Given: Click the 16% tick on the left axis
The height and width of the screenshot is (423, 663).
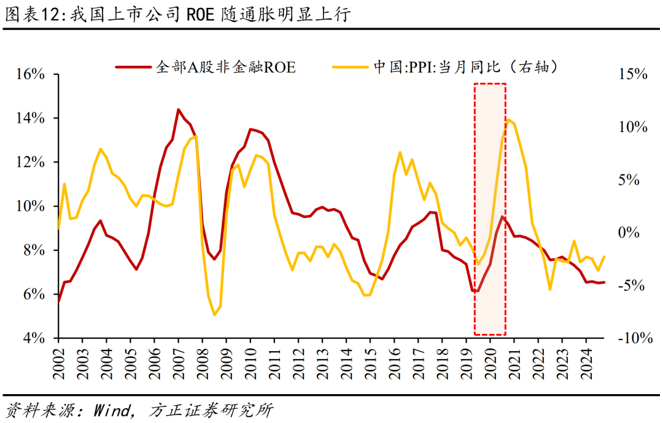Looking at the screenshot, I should (x=31, y=74).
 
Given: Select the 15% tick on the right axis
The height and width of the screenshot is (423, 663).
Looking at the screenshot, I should (x=632, y=74).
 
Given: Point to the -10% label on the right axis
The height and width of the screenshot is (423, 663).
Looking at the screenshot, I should (x=630, y=338).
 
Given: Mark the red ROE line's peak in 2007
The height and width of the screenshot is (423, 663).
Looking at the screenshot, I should (x=178, y=110).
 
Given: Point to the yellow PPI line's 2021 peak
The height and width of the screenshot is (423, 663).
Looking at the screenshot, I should (x=508, y=119).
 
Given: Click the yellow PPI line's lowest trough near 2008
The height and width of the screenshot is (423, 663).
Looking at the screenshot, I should (x=214, y=315).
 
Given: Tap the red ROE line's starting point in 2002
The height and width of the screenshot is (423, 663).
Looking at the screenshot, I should (x=59, y=301).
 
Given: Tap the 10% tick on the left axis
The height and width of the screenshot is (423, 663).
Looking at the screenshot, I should (x=31, y=206).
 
